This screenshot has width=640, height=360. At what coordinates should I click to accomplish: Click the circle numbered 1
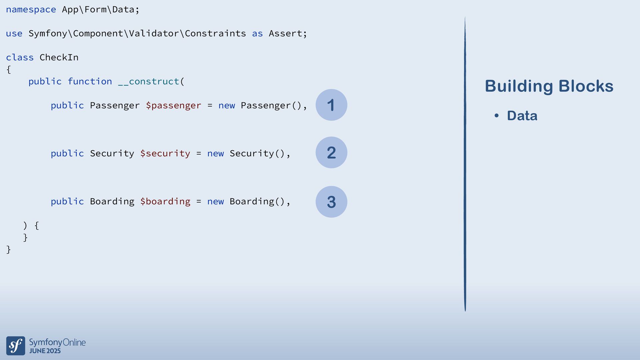coord(331,105)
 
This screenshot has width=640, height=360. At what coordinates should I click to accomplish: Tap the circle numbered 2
coord(331,153)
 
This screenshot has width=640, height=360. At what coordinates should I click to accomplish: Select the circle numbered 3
coord(331,202)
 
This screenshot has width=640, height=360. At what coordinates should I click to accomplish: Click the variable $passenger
coord(173,106)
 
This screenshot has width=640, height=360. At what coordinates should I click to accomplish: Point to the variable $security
coord(165,154)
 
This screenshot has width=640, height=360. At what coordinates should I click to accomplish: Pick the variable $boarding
coord(165,202)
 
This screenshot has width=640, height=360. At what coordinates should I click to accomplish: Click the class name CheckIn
coord(59,58)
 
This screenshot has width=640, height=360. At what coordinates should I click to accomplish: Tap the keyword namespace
coord(31,10)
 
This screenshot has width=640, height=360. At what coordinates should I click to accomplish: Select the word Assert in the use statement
coord(285,34)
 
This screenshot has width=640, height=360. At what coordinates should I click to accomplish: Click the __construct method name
coord(149,82)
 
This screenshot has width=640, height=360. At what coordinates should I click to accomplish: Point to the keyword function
coord(90,82)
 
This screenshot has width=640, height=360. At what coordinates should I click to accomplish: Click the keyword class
coord(20,58)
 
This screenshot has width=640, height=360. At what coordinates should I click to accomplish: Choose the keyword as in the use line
coord(257,34)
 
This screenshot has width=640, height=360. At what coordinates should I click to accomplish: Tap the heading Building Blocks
coord(549,86)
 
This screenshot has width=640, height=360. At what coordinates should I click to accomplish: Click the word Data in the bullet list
coord(522,116)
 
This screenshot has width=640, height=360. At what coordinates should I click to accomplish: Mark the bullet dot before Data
coord(497,116)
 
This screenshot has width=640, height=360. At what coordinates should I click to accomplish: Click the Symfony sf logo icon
coord(16,346)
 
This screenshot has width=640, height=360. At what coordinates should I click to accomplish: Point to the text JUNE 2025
coord(45,351)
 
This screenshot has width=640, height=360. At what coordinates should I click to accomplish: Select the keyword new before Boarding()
coord(215,202)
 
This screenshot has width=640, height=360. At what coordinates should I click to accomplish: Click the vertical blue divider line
coord(465,163)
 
